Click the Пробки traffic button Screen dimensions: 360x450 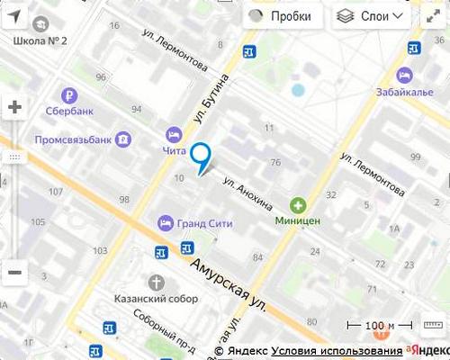pyautogui.click(x=281, y=16)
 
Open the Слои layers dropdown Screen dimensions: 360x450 pyautogui.click(x=372, y=16)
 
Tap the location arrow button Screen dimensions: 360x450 pyautogui.click(x=14, y=16)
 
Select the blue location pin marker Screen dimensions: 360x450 pyautogui.click(x=202, y=157)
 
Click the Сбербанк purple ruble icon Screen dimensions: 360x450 pyautogui.click(x=68, y=95)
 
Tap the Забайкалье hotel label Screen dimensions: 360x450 pyautogui.click(x=404, y=90)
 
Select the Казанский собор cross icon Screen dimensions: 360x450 pyautogui.click(x=157, y=282)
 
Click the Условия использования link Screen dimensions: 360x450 pyautogui.click(x=337, y=351)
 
